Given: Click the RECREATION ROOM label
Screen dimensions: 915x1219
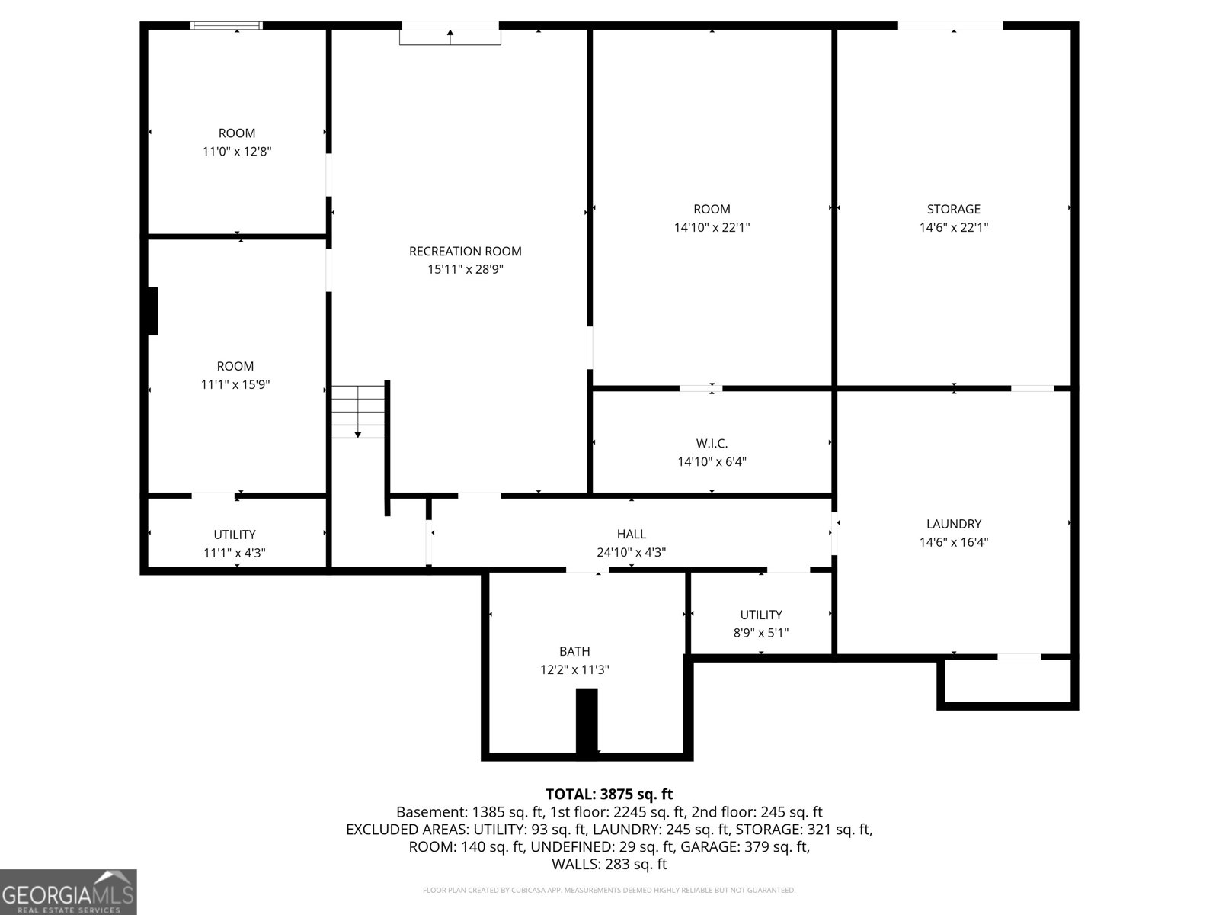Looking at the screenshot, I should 465,251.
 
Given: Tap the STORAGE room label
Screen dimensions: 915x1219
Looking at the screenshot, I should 953,209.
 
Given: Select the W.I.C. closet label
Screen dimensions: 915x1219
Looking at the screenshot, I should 712,443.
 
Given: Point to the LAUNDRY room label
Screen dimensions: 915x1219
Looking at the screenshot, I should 953,524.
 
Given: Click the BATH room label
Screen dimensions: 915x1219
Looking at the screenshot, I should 574,651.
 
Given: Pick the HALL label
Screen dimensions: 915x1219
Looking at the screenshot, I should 631,535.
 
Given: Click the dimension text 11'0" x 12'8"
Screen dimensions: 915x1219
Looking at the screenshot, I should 237,152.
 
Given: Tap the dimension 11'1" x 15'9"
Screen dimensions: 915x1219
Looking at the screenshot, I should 235,385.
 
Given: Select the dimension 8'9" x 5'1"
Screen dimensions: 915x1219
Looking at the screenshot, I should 761,633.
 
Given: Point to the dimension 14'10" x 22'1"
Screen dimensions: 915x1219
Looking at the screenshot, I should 712,227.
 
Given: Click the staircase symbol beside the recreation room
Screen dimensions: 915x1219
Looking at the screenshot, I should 358,412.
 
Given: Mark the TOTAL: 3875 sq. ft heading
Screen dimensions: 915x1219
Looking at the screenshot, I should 609,795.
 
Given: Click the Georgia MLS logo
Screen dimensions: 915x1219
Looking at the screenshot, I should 69,891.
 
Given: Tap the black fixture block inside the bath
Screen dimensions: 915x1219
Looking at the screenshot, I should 587,721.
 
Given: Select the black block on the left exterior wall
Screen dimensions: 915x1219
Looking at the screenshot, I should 152,311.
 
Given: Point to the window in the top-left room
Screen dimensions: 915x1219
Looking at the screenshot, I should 226,26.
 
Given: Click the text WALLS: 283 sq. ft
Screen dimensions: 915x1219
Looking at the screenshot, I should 609,864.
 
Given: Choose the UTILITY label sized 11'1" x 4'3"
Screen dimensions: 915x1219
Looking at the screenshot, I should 235,535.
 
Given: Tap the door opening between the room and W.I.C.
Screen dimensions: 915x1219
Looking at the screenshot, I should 701,389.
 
